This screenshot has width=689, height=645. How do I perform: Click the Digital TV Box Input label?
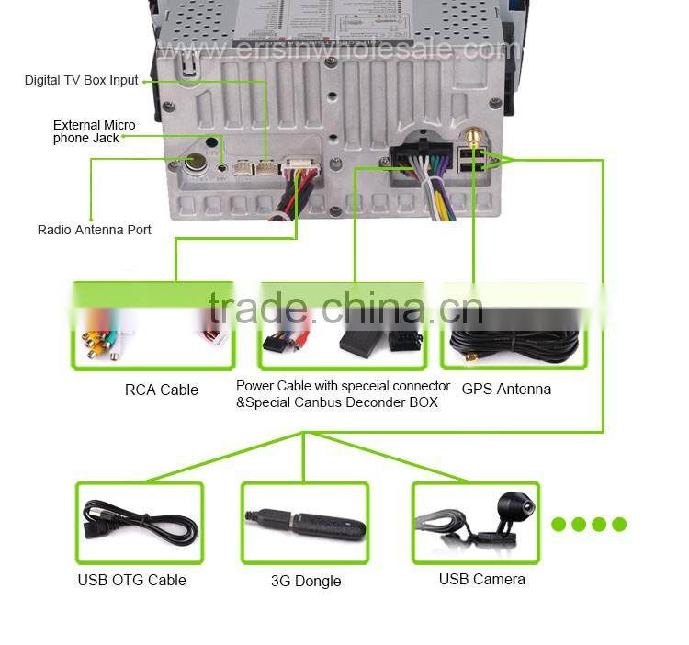81,80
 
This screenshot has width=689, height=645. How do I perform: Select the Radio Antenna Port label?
94,230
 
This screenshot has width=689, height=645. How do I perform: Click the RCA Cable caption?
161,390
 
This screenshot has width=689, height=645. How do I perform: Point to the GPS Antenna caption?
506,389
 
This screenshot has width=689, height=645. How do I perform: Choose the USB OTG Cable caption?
131,580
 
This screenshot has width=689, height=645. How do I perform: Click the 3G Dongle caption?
306,581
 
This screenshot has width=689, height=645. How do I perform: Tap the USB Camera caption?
481,579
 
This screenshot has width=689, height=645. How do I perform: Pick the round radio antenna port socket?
196,165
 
